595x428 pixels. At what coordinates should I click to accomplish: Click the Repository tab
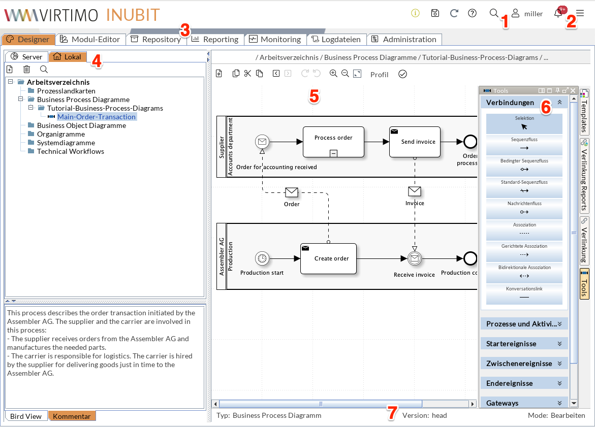pos(156,39)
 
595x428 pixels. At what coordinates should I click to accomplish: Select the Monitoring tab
pos(274,39)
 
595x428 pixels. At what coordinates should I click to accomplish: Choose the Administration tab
pos(404,39)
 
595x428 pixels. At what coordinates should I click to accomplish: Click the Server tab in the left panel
pos(27,57)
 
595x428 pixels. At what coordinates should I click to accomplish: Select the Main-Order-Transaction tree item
pos(96,117)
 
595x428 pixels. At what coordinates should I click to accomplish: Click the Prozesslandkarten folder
pos(66,91)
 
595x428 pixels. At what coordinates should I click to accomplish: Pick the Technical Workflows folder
pos(70,151)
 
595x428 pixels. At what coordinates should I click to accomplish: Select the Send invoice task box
pos(415,142)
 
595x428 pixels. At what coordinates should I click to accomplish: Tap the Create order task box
pos(328,258)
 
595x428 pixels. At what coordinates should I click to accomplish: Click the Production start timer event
pos(262,258)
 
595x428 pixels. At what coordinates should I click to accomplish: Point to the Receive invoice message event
pos(415,258)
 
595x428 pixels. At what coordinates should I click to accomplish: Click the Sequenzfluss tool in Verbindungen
pos(524,145)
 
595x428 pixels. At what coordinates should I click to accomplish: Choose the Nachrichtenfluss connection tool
pos(524,209)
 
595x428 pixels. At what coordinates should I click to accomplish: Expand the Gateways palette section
pos(524,403)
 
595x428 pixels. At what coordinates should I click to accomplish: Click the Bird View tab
pos(26,416)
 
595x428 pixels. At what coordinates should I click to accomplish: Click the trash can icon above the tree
pos(27,69)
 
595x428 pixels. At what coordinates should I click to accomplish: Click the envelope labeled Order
pos(292,192)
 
